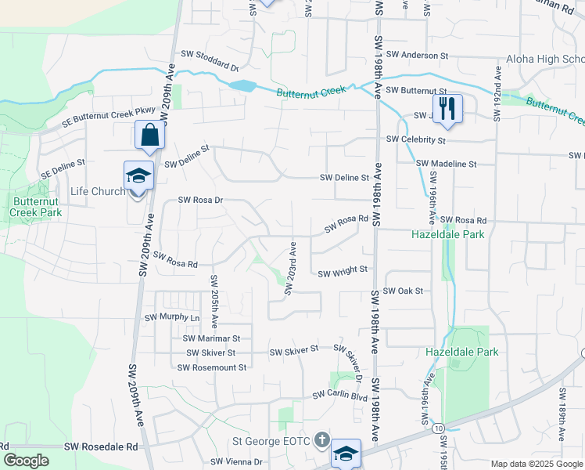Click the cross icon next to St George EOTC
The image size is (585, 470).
click(321, 440)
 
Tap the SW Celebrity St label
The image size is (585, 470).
click(415, 139)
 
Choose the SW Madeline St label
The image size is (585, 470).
click(446, 164)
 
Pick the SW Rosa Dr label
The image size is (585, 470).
click(201, 200)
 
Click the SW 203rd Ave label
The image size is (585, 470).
click(290, 269)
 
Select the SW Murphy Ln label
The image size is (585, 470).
click(172, 317)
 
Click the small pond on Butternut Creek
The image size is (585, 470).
click(242, 85)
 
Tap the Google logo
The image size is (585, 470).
click(26, 461)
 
